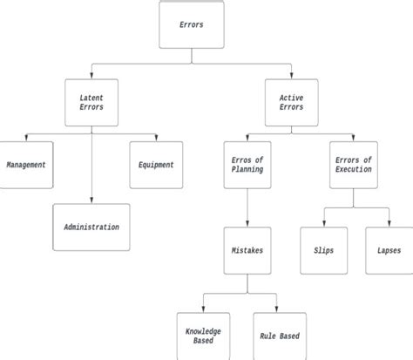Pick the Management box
click(25, 164)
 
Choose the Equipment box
click(156, 164)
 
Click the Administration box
click(91, 228)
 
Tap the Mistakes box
click(248, 250)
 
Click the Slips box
click(323, 250)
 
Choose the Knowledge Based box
click(202, 336)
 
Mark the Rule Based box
click(281, 336)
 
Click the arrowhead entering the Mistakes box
click(248, 225)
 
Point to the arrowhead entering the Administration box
click(91, 201)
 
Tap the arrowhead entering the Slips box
click(323, 225)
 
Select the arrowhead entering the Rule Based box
click(281, 310)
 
